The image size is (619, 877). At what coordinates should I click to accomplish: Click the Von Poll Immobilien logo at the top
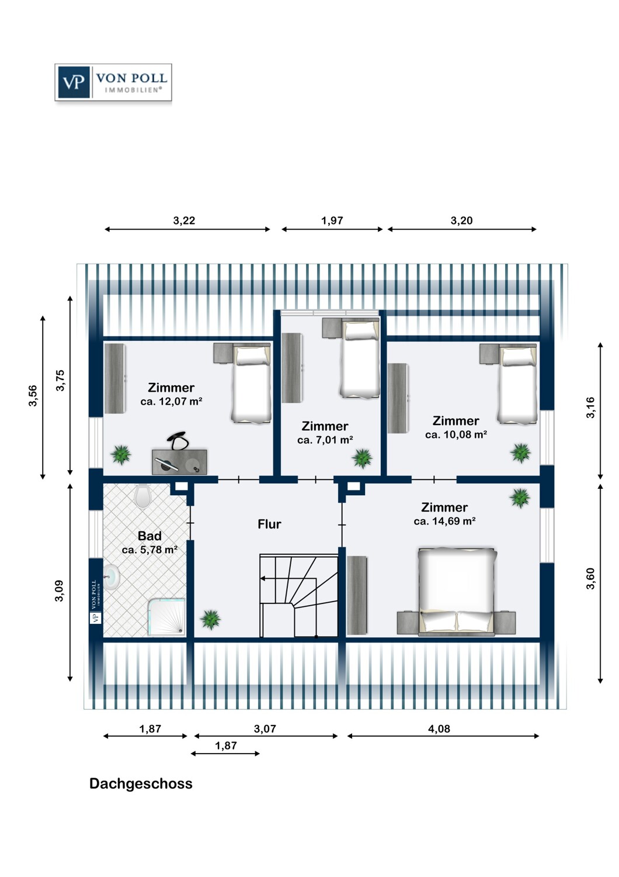point(113,82)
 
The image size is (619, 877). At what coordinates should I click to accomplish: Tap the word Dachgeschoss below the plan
point(141,784)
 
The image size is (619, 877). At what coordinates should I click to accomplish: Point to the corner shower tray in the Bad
point(166,616)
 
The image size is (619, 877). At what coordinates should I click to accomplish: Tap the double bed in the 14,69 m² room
point(457,591)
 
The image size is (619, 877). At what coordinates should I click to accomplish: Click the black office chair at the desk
point(178,440)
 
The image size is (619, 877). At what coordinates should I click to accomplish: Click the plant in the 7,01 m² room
point(362,458)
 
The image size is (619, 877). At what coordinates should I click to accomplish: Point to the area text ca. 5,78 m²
point(149,550)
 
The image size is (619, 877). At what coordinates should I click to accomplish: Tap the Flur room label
point(269,524)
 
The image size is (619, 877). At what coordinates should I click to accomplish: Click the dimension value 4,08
point(439,729)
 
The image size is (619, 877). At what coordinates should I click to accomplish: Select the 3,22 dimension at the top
point(184,221)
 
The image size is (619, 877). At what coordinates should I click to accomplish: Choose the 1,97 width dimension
point(332,221)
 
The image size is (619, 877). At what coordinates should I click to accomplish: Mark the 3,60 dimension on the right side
point(590,578)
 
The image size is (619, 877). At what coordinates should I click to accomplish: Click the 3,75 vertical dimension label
point(60,381)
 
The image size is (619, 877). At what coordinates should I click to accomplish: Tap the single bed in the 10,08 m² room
point(517,384)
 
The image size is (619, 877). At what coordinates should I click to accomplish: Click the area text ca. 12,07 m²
point(171,402)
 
